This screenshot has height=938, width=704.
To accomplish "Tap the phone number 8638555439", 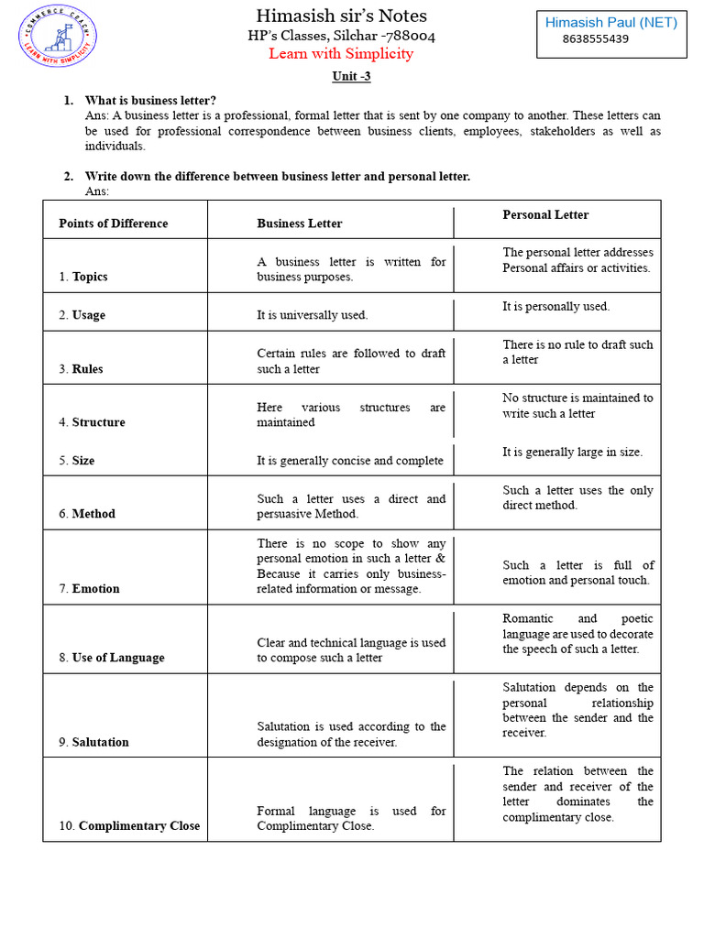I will point(595,39).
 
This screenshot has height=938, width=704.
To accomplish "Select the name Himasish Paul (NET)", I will point(610,23).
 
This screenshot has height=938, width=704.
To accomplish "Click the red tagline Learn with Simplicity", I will point(341,54).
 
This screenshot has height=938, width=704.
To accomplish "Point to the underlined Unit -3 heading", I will point(351,77).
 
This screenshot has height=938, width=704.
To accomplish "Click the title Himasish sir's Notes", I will point(341,16).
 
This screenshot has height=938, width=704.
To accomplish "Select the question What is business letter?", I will point(150,100).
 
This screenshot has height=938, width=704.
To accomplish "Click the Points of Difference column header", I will point(114,224).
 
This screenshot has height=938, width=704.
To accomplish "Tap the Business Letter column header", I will point(300,224).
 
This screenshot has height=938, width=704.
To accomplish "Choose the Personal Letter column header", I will point(545,215).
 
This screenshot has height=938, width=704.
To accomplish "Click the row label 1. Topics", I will point(83,277).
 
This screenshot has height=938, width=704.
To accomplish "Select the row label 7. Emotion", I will point(89,589).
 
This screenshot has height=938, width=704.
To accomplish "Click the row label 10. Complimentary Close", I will point(129,826).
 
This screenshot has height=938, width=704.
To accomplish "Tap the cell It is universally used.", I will point(313,315).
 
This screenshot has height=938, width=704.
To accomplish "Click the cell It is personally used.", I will point(555,307).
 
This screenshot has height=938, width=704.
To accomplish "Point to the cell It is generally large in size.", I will point(572,453).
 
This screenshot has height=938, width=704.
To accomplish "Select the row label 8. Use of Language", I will point(112,658).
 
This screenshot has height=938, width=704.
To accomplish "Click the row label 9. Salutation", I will point(93,742).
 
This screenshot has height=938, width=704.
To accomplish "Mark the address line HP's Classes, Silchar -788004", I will point(341,36).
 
